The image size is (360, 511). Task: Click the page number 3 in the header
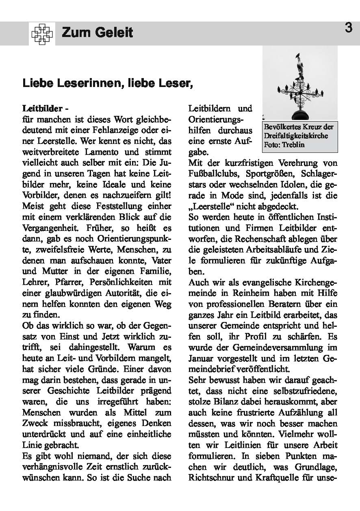pyautogui.click(x=348, y=28)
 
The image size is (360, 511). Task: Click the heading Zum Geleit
pyautogui.click(x=98, y=33)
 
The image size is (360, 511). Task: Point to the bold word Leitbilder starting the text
pyautogui.click(x=42, y=109)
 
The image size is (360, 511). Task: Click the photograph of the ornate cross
pyautogui.click(x=300, y=83)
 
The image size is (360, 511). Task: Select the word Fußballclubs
pyautogui.click(x=213, y=174)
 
